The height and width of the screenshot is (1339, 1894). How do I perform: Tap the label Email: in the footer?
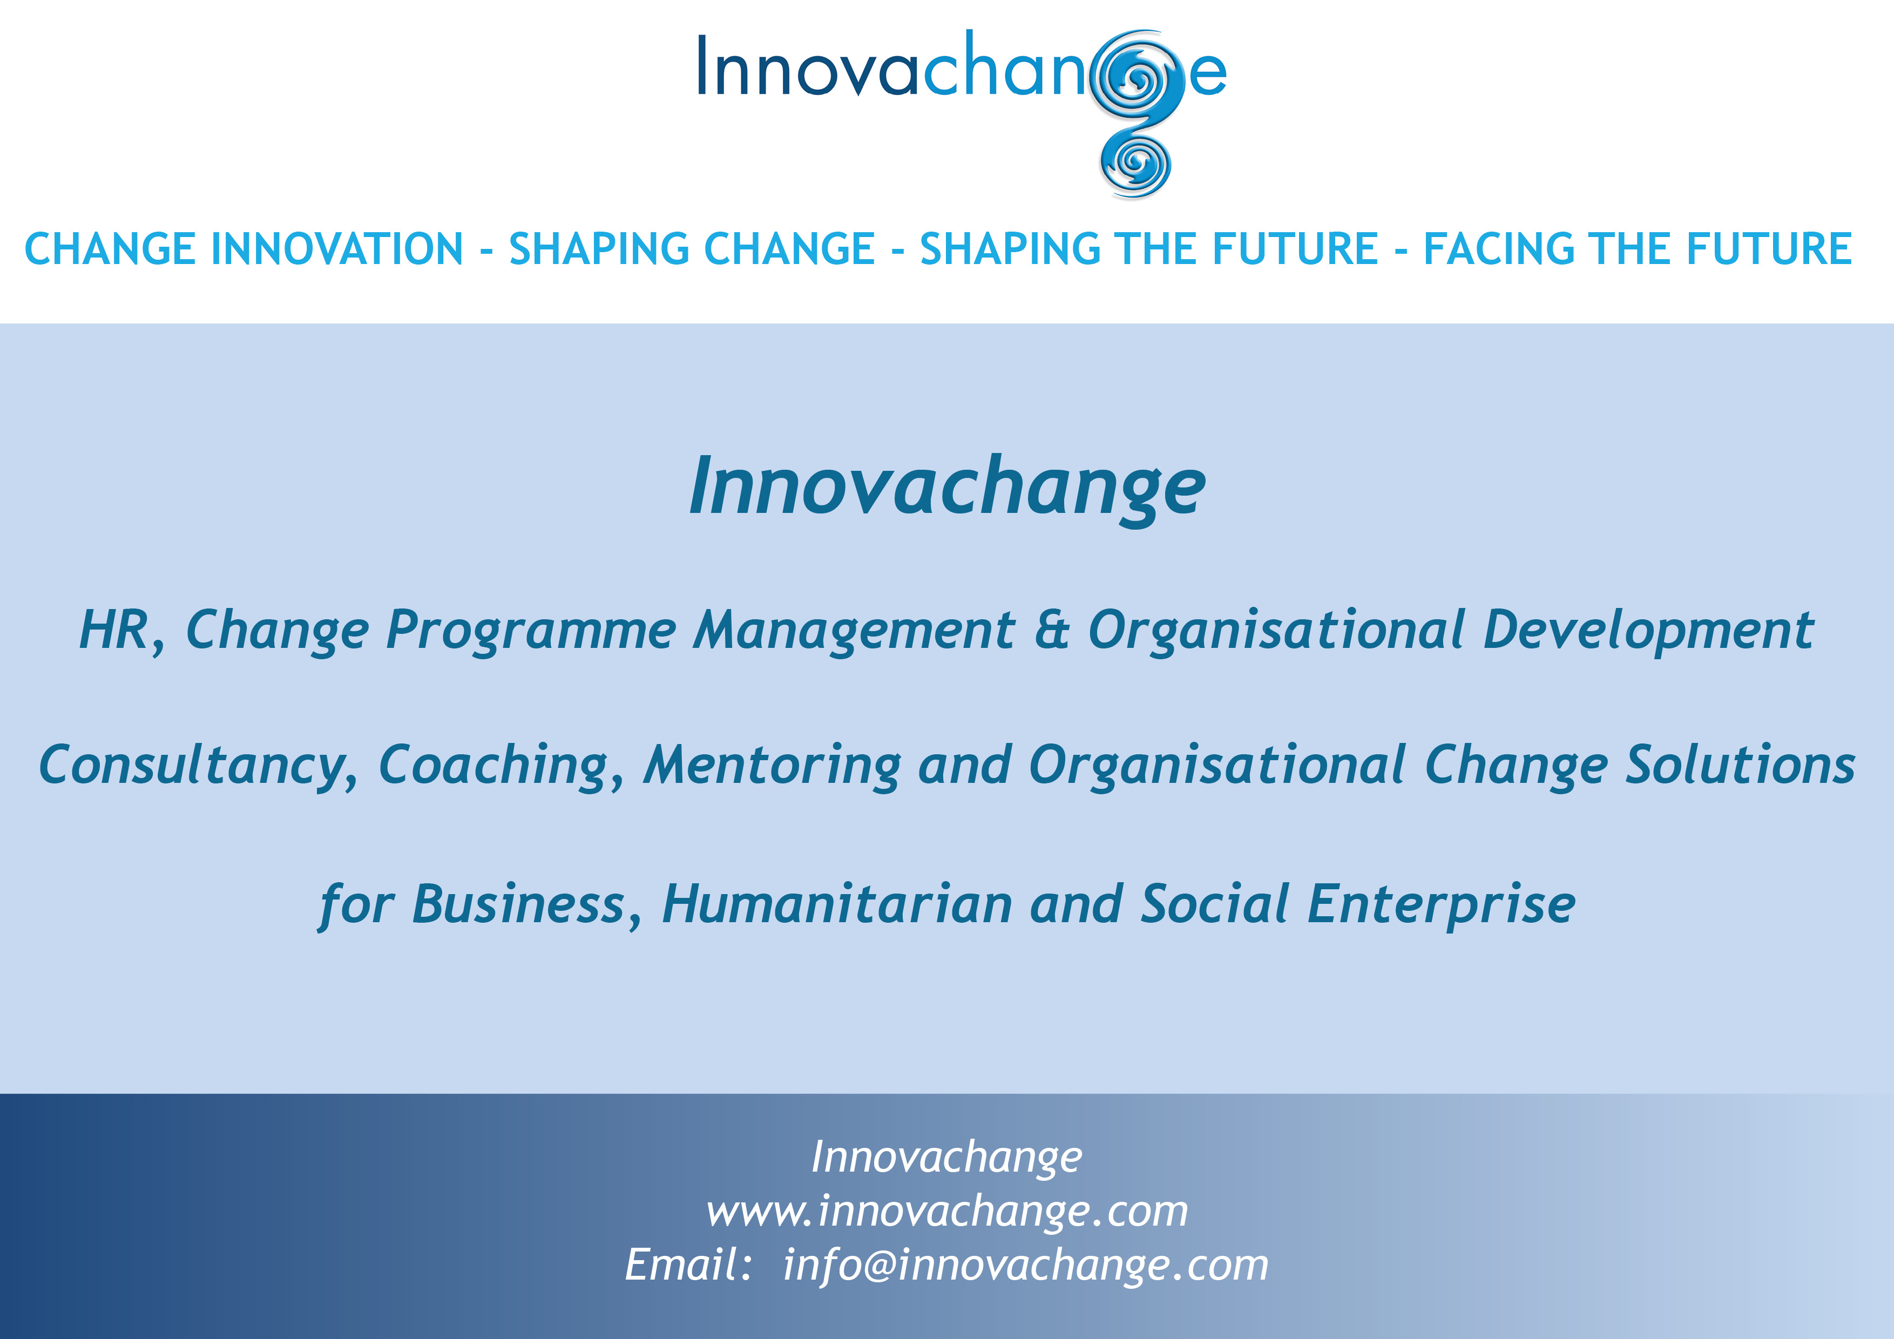click(x=688, y=1264)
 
